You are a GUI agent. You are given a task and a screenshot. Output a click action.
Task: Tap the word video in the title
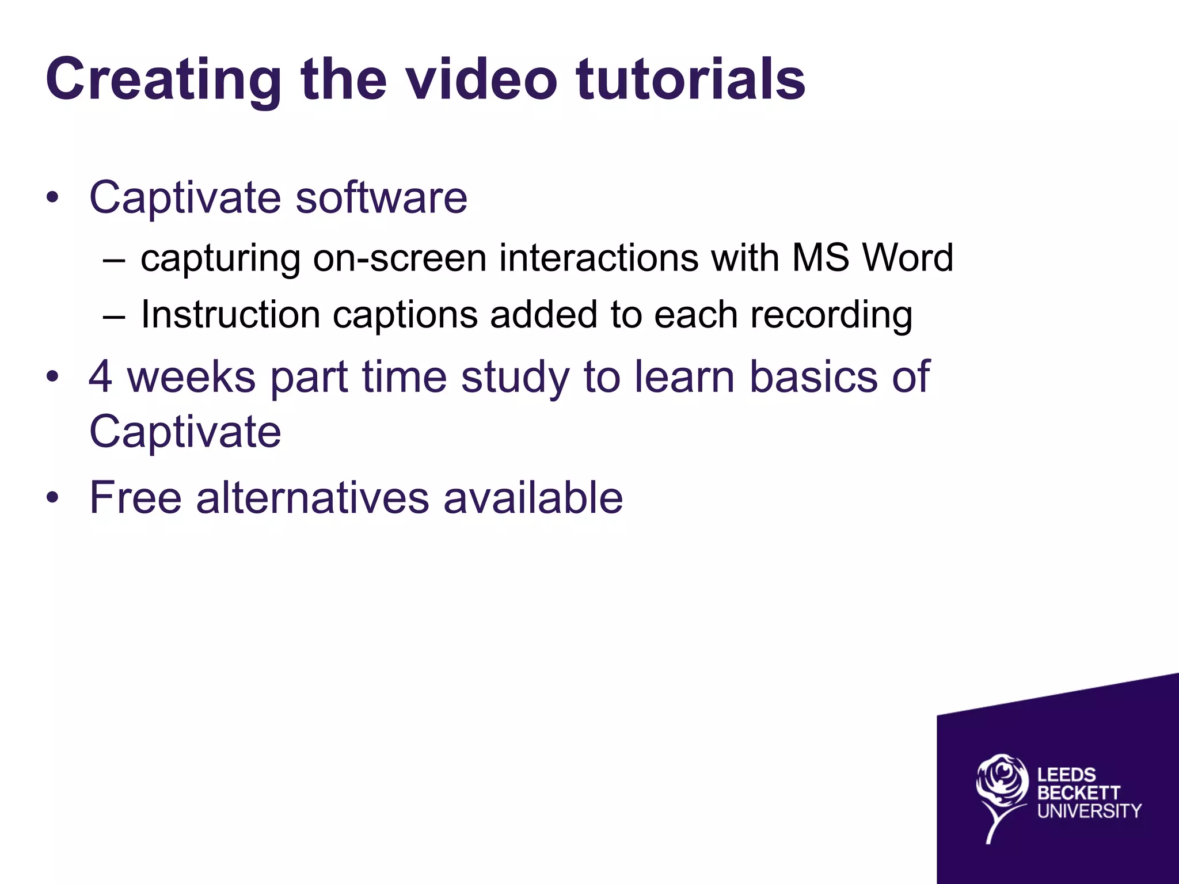point(482,79)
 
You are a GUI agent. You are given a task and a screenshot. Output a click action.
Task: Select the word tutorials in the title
point(691,79)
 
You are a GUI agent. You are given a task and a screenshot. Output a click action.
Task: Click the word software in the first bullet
point(381,197)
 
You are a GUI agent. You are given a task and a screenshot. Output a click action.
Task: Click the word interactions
point(599,258)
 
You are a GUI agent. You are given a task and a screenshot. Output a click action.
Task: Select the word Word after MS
point(907,258)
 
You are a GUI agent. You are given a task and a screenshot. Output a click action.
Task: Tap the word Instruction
point(230,315)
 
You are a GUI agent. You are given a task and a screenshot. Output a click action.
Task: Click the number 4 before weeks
point(100,376)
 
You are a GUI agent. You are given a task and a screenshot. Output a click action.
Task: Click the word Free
point(136,497)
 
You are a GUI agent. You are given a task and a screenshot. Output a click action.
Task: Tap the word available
point(533,497)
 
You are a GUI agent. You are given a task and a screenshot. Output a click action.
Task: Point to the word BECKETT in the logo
point(1079,793)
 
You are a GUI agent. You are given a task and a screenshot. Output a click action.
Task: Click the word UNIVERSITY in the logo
point(1089,811)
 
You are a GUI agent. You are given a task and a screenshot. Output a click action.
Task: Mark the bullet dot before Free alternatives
point(53,497)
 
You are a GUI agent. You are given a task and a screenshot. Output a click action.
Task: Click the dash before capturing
point(114,260)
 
